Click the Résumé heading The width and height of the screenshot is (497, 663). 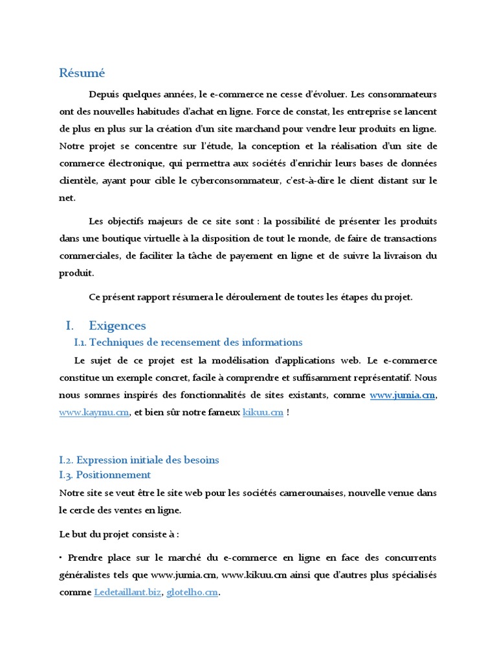pos(82,73)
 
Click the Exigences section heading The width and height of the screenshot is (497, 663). pos(117,326)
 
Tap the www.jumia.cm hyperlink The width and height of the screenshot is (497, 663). pos(402,395)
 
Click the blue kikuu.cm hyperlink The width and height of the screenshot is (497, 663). pos(263,412)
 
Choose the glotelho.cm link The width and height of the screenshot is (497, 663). pos(192,592)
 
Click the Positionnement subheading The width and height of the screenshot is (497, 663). pos(113,475)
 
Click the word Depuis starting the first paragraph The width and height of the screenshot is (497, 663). pos(104,94)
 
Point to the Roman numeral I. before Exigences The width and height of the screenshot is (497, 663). pos(71,326)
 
